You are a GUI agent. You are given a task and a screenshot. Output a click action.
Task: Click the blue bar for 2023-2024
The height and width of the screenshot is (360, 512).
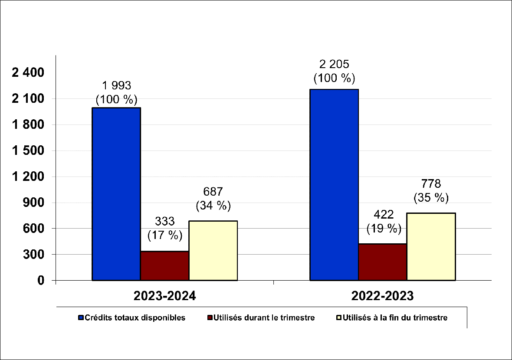coord(116,194)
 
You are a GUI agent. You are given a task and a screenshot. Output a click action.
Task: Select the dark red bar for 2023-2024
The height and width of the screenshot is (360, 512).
coord(164,265)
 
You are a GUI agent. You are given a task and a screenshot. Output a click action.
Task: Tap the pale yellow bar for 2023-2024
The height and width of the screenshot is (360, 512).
coord(213,250)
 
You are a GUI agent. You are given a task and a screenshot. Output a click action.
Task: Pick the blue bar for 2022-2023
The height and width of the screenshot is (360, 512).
coord(334,185)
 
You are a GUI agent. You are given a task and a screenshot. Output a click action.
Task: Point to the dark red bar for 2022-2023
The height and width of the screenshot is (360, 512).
coord(382,262)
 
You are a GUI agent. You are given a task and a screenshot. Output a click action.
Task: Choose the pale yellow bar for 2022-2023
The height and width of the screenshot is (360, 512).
coord(431,246)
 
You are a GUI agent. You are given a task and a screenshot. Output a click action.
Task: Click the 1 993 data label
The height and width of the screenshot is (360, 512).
coord(116,85)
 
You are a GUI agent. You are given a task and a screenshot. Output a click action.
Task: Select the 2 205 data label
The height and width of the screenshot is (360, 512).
coord(334,65)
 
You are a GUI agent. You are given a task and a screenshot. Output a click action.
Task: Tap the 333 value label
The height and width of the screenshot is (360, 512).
coord(164,222)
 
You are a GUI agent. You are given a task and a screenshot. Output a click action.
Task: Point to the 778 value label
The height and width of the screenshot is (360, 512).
coord(431,184)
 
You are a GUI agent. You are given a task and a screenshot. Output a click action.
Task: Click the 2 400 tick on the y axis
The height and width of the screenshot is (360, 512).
coord(28,73)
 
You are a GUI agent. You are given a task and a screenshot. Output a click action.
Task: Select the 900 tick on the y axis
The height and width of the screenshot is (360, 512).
coord(34,203)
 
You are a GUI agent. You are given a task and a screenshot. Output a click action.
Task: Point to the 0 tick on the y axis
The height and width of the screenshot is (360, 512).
coord(41,281)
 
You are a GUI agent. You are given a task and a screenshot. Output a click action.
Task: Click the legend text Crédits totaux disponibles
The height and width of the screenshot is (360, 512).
coord(135,318)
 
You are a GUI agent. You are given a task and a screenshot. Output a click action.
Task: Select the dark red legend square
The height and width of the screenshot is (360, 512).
coord(210,318)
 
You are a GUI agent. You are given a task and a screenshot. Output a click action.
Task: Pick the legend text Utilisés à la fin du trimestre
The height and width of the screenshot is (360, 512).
coord(395,318)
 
